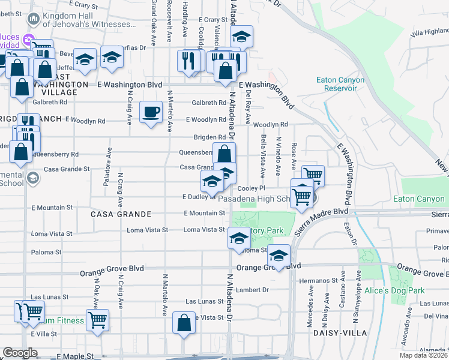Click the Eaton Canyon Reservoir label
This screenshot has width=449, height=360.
336,84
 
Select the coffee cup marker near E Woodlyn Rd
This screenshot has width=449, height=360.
151,111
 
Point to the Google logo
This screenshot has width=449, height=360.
20,353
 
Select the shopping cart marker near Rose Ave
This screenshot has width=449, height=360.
313,175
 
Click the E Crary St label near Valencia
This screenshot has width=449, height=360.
212,20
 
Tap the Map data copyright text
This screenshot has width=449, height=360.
421,355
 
